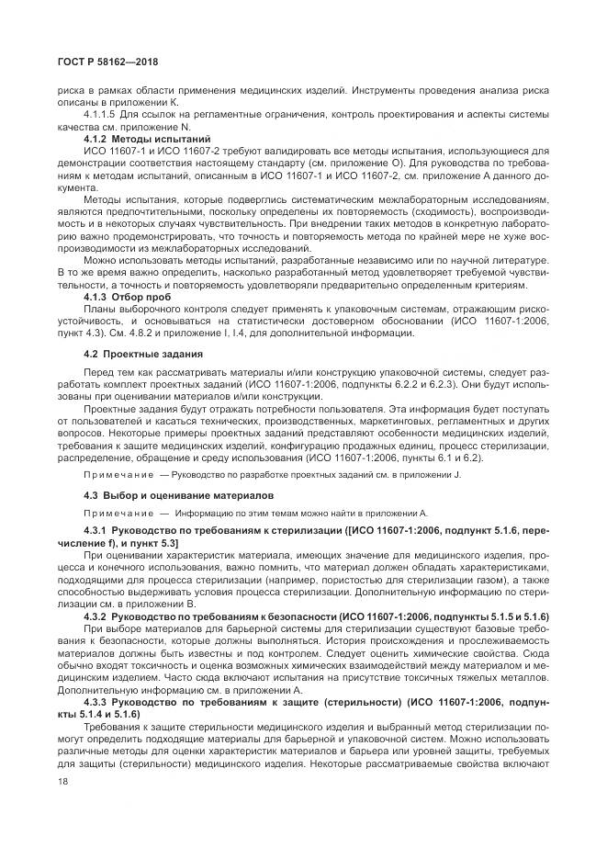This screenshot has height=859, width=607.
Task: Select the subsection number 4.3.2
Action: (96, 615)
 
